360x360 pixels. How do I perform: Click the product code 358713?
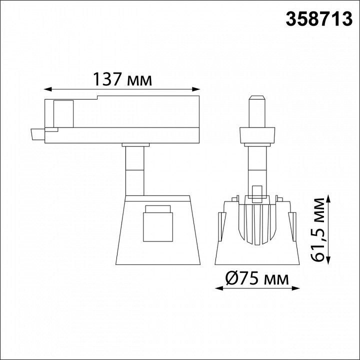[319, 19]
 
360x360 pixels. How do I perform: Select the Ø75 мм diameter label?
[257, 278]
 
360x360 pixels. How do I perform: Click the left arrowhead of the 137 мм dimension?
[47, 89]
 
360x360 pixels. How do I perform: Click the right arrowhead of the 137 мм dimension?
[196, 89]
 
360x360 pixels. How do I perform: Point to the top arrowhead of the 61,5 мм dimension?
[329, 199]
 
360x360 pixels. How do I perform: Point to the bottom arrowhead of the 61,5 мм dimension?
[329, 260]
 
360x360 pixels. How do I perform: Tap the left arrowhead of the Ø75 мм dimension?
[219, 288]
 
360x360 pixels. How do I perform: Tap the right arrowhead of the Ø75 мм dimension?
[296, 288]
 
